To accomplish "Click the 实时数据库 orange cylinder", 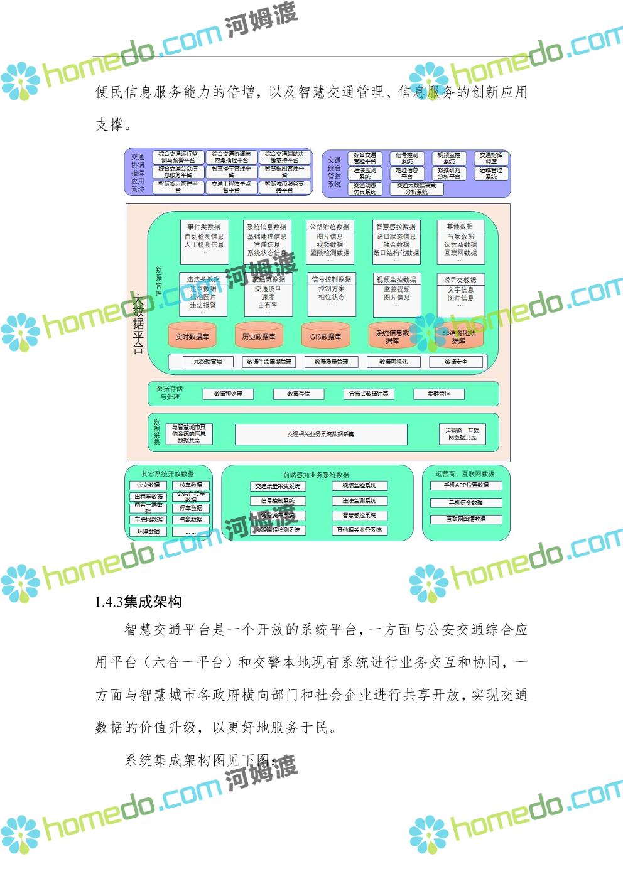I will [192, 336].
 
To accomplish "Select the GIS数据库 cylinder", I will [325, 336].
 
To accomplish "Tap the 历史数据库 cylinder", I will [259, 336].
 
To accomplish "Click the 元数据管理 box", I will [207, 361].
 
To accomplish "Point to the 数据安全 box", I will [456, 362].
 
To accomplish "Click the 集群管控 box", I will [439, 394].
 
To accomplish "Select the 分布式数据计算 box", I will [369, 394].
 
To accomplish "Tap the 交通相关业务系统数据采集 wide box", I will [321, 434].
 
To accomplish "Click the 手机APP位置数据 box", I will [466, 485].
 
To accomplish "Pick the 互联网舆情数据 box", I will [466, 519].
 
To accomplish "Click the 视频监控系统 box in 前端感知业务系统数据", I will [359, 485].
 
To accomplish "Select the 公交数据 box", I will [149, 485].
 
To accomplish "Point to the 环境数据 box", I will [149, 531].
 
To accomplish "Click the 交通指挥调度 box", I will [491, 158].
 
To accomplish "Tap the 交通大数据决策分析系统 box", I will [416, 188].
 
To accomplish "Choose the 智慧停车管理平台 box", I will [231, 171].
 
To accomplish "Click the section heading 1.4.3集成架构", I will [138, 602].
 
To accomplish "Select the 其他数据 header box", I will [460, 226].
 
